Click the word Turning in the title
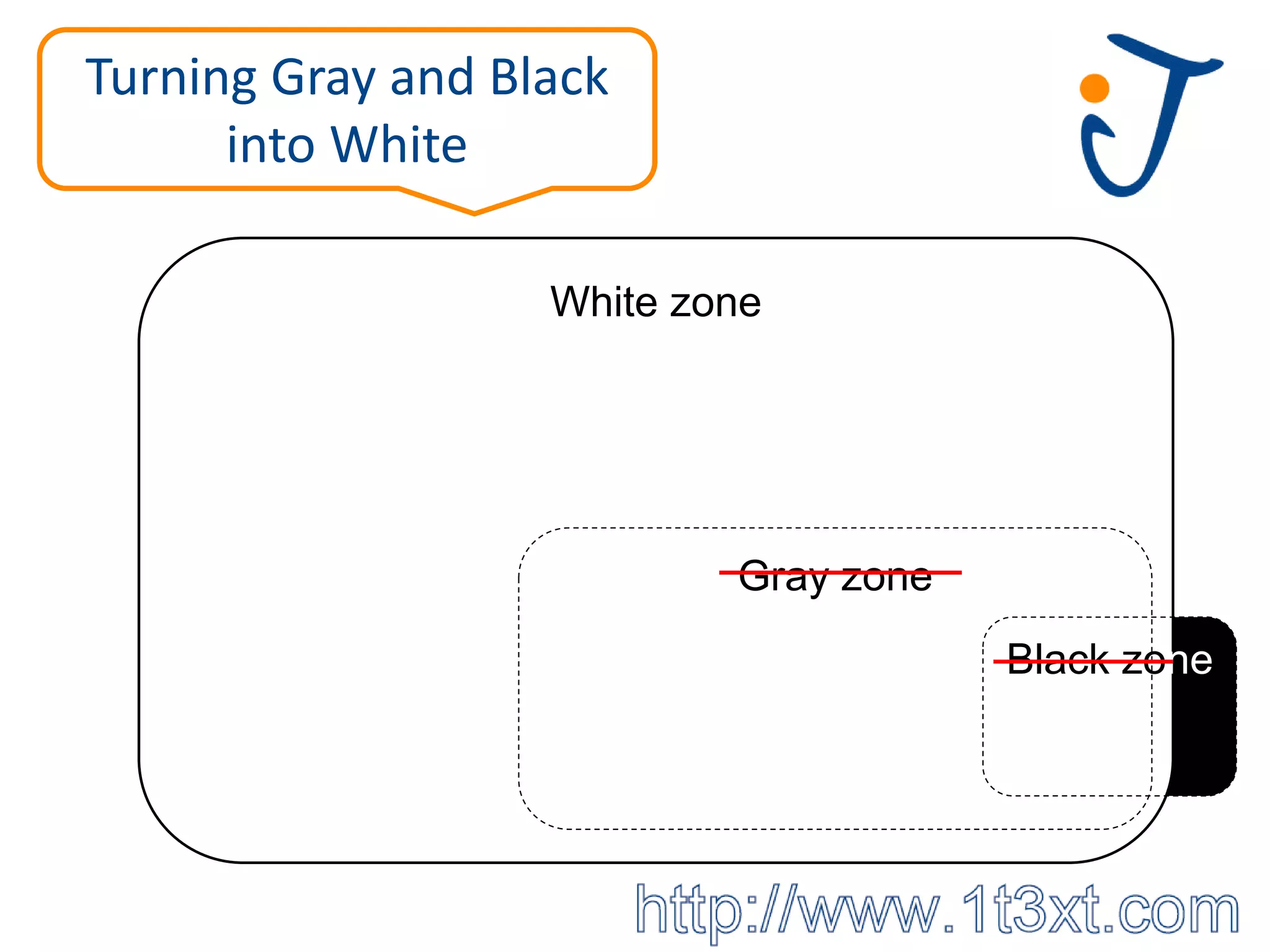coord(171,77)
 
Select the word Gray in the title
coord(323,79)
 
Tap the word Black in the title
coord(549,77)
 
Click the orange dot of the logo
coord(1094,88)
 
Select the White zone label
coord(655,302)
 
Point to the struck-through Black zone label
coord(1109,659)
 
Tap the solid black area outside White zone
coord(1203,731)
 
